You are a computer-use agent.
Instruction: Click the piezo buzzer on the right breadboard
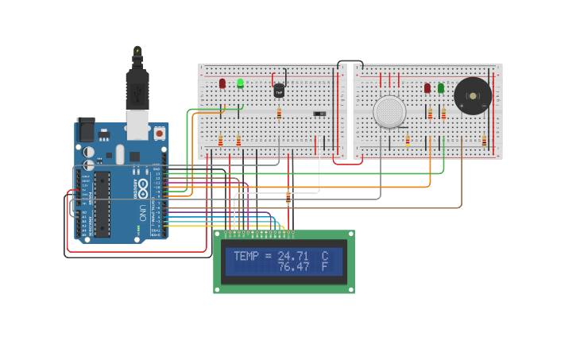tap(473, 96)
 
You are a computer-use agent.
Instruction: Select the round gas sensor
tap(389, 111)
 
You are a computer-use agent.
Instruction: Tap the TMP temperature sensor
tap(279, 91)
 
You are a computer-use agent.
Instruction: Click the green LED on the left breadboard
tap(240, 83)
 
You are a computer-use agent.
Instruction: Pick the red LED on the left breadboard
tap(222, 83)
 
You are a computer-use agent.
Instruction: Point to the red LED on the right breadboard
tap(427, 88)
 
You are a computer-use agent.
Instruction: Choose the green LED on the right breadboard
tap(441, 88)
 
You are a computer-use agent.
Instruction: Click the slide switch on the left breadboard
tap(319, 114)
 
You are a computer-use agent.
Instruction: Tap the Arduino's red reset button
tap(159, 134)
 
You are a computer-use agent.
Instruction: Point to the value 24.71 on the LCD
tap(293, 256)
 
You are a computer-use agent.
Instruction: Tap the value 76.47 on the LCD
tap(293, 267)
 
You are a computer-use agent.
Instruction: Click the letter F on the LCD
tap(324, 267)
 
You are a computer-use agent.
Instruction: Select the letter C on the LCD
tap(324, 256)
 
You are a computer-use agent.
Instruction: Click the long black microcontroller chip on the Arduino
tap(102, 203)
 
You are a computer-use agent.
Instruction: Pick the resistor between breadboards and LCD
tap(288, 196)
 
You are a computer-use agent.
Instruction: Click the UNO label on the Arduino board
tap(142, 213)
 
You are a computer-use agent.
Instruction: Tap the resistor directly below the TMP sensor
tap(279, 114)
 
